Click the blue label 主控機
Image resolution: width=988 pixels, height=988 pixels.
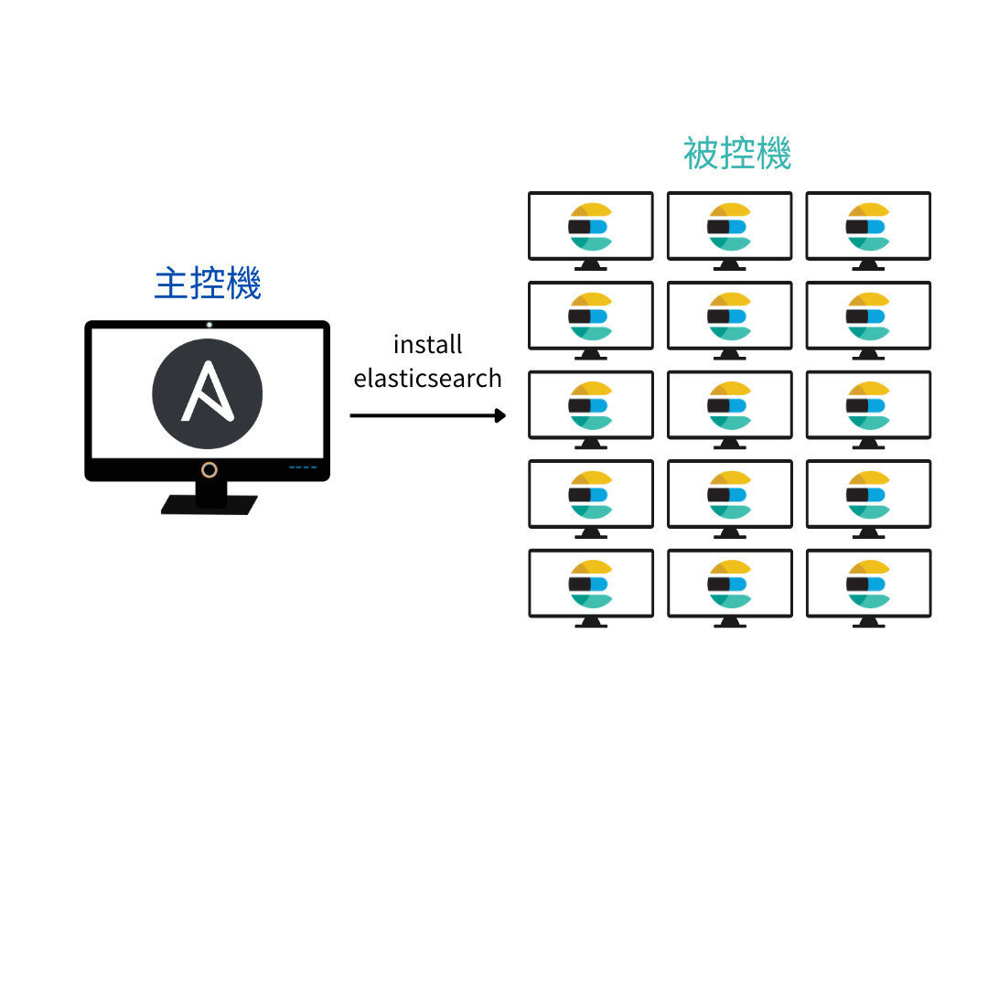(x=208, y=284)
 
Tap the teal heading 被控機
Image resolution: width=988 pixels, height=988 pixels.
(x=736, y=154)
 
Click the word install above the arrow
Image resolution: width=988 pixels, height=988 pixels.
(x=427, y=345)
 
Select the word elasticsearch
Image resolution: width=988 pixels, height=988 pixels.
(x=427, y=378)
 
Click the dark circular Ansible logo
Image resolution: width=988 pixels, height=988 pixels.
(x=208, y=394)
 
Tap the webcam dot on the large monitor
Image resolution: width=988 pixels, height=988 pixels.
(x=209, y=325)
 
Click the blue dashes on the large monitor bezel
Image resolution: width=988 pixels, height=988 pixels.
(x=302, y=467)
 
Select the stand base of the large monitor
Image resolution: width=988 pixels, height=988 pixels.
(x=209, y=505)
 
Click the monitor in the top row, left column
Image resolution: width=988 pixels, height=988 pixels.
(x=591, y=226)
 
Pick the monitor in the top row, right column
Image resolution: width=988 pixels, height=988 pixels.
(x=868, y=226)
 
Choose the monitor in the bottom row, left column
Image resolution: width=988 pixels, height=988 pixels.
(x=591, y=584)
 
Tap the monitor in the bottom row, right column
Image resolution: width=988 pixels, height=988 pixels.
(x=868, y=584)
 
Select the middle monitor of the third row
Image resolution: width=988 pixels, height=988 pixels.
(x=729, y=404)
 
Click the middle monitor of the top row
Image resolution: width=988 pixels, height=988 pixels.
(x=729, y=226)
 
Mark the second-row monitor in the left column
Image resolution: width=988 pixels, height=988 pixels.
(x=591, y=316)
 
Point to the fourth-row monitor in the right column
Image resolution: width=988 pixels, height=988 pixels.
(x=868, y=494)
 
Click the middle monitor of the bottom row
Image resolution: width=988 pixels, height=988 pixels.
(x=729, y=584)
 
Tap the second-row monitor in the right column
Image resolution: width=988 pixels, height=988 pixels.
(x=868, y=316)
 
